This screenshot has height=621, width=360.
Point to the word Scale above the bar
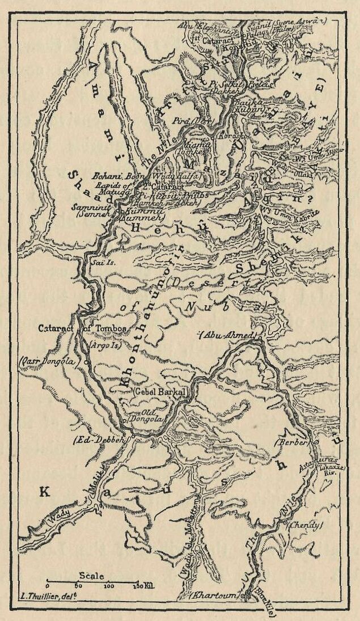click(x=91, y=576)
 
